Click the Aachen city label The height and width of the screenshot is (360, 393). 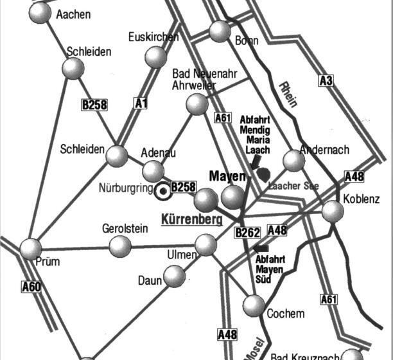pos(74,14)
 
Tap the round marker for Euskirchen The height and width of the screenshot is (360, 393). pos(156,57)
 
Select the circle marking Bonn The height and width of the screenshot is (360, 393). pos(220,31)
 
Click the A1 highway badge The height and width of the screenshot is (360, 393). pos(141,102)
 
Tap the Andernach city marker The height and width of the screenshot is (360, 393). pos(293,161)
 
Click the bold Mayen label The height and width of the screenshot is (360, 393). pos(228,175)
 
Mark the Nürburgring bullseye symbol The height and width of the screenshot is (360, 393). pos(162,190)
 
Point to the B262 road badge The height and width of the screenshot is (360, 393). pos(247,233)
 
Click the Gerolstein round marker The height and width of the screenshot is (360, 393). pos(120,246)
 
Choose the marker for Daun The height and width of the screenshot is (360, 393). pos(174,276)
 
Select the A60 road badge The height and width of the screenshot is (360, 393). pos(31,287)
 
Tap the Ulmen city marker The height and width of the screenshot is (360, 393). pos(205,244)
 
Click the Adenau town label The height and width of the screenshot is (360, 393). pos(158,152)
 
